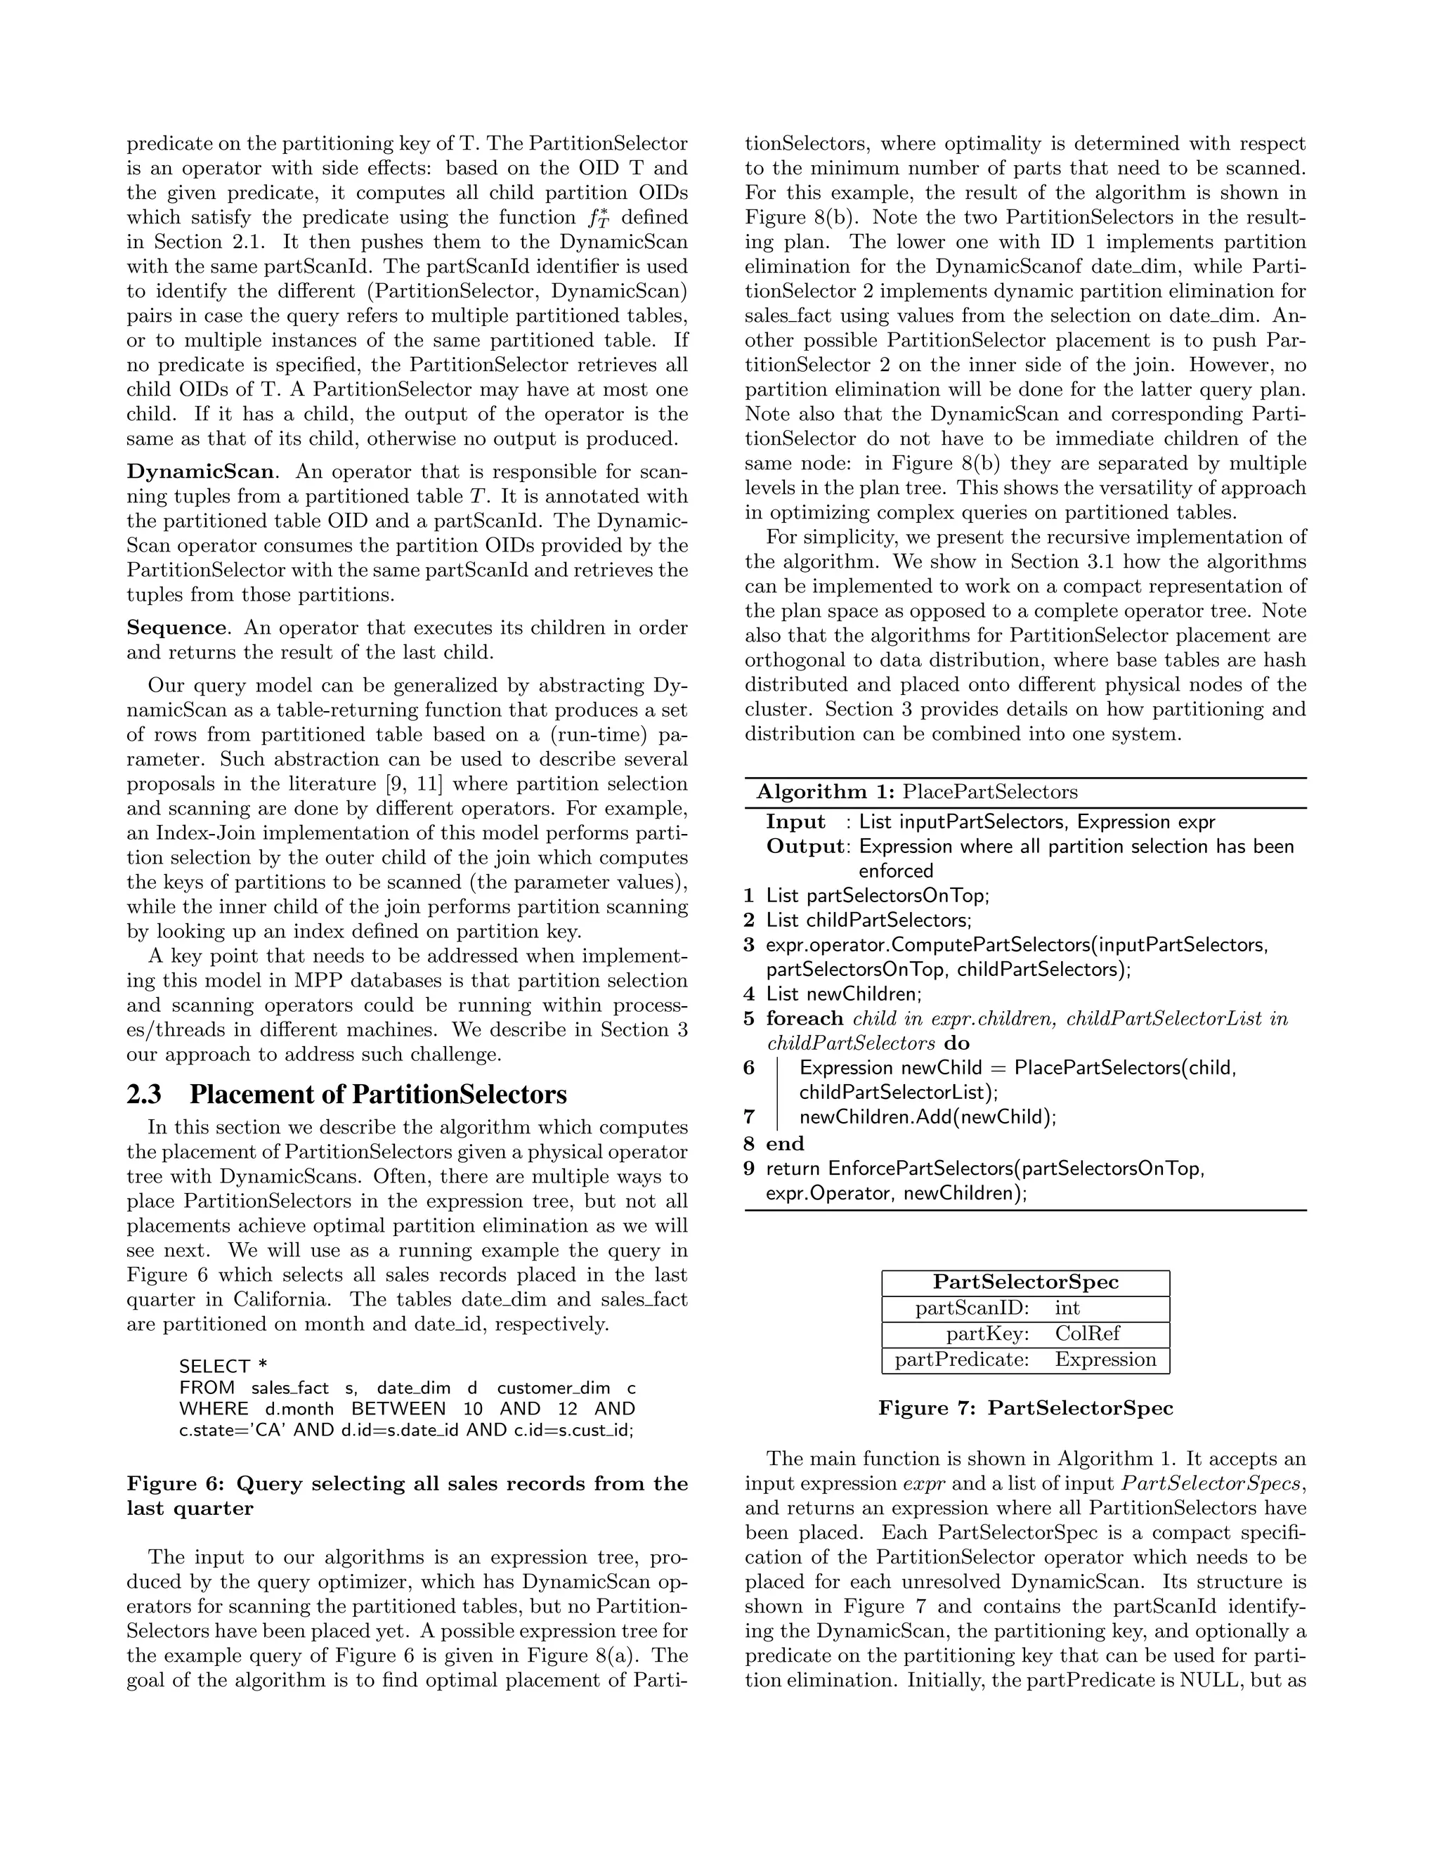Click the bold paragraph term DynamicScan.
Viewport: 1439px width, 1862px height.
pos(200,471)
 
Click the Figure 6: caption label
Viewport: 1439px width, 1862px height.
pos(176,1483)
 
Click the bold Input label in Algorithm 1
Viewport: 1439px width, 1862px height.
pos(795,822)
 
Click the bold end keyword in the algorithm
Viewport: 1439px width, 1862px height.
pos(785,1143)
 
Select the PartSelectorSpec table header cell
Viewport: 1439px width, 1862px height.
pos(1026,1282)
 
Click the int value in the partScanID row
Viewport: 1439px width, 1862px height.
pos(1067,1308)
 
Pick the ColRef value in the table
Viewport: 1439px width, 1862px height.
pos(1087,1334)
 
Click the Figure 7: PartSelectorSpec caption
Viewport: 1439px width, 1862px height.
pos(1026,1408)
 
